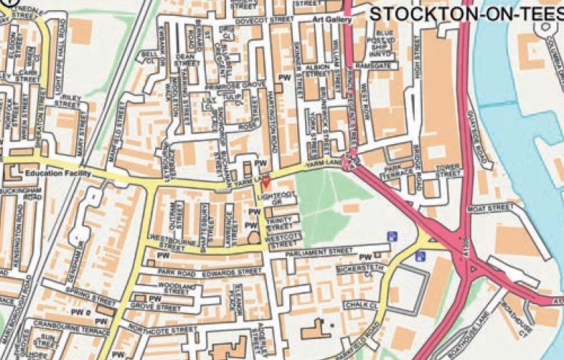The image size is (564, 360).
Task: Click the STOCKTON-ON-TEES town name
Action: point(466,14)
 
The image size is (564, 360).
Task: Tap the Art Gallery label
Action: point(333,20)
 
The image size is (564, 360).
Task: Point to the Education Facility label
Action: point(57,174)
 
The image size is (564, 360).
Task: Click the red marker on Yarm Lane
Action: point(265,180)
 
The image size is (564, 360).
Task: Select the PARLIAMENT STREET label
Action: point(319,251)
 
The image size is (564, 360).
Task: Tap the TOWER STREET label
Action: point(449,171)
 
